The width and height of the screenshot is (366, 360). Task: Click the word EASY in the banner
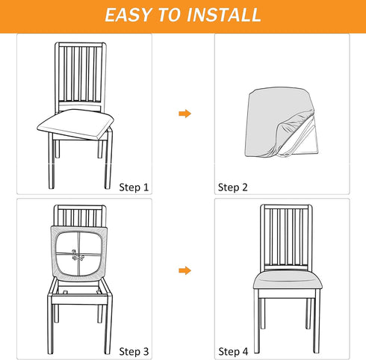click(x=128, y=15)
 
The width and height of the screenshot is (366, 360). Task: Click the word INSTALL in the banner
click(x=224, y=15)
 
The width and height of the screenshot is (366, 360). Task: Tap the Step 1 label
click(x=134, y=187)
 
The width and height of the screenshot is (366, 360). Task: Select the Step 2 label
click(x=233, y=187)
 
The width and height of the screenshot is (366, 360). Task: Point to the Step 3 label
click(x=134, y=352)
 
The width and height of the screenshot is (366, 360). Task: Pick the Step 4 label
click(x=233, y=352)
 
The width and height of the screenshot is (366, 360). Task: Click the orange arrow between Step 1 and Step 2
click(x=185, y=114)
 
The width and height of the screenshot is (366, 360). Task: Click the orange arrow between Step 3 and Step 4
click(x=185, y=270)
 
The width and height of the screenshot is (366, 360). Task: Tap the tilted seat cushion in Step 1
click(x=75, y=124)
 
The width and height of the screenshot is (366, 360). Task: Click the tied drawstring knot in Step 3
click(x=78, y=255)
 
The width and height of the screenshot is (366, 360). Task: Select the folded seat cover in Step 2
click(x=282, y=122)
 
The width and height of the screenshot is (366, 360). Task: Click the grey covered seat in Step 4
click(x=288, y=280)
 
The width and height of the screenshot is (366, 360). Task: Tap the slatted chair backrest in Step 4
click(x=287, y=238)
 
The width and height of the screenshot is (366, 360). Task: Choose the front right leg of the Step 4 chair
click(x=317, y=321)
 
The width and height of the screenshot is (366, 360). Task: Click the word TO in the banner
click(x=169, y=15)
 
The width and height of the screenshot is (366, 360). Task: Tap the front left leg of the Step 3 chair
click(x=51, y=325)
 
